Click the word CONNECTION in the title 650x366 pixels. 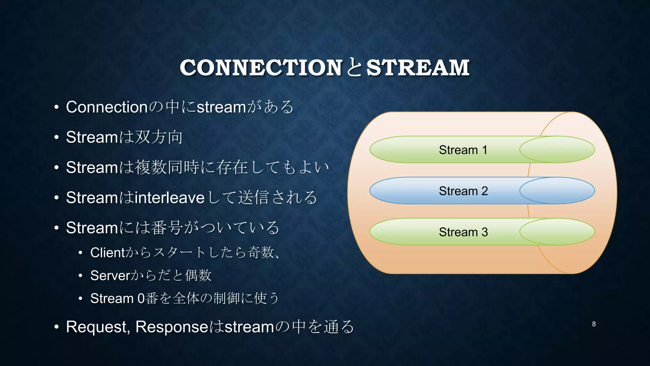click(x=261, y=68)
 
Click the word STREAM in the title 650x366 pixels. click(x=418, y=68)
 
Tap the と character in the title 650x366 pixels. click(x=354, y=68)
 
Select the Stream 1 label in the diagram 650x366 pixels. click(x=463, y=150)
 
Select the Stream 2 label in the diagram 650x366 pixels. click(x=463, y=191)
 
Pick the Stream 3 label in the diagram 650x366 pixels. click(x=463, y=232)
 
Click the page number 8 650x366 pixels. click(x=594, y=324)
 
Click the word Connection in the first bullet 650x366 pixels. click(x=106, y=107)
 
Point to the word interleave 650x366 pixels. click(x=169, y=198)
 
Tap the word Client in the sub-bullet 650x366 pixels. click(x=108, y=253)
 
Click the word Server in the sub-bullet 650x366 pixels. click(x=110, y=275)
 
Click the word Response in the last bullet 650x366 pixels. click(x=172, y=327)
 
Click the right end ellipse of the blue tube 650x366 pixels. click(x=557, y=191)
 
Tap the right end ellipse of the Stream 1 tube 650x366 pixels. click(x=557, y=150)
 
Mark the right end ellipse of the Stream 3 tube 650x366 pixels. click(x=557, y=232)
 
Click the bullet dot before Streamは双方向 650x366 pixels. click(x=56, y=138)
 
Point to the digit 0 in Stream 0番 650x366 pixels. click(x=141, y=299)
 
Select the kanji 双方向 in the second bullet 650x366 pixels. click(x=159, y=137)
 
